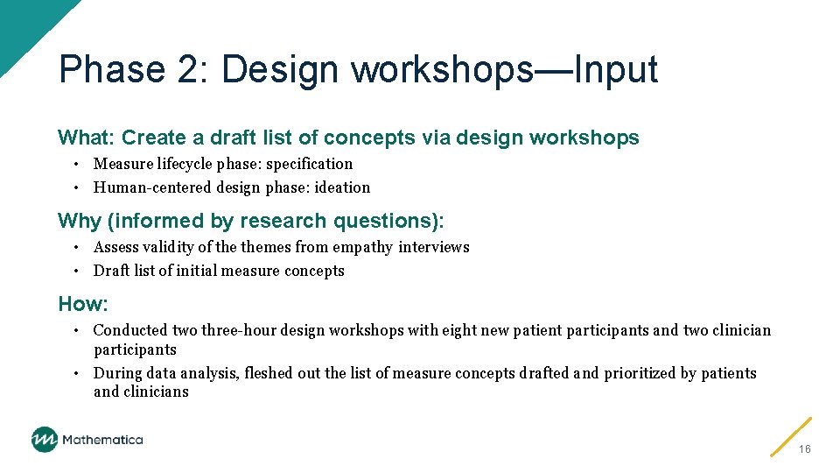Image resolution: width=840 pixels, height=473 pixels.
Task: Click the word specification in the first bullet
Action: pos(310,164)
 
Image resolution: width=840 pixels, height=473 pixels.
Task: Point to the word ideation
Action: pos(342,187)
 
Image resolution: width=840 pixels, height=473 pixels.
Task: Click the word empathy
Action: pos(365,247)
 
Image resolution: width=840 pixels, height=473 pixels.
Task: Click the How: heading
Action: pos(83,304)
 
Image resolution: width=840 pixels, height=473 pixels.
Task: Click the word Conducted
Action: pos(130,330)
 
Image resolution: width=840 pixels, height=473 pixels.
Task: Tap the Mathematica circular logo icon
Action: pos(45,439)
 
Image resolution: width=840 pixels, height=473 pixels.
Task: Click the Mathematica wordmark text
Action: pos(101,440)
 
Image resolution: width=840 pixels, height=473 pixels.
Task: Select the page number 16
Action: pos(805,448)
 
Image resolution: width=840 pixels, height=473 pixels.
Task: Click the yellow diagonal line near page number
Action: pos(791,436)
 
